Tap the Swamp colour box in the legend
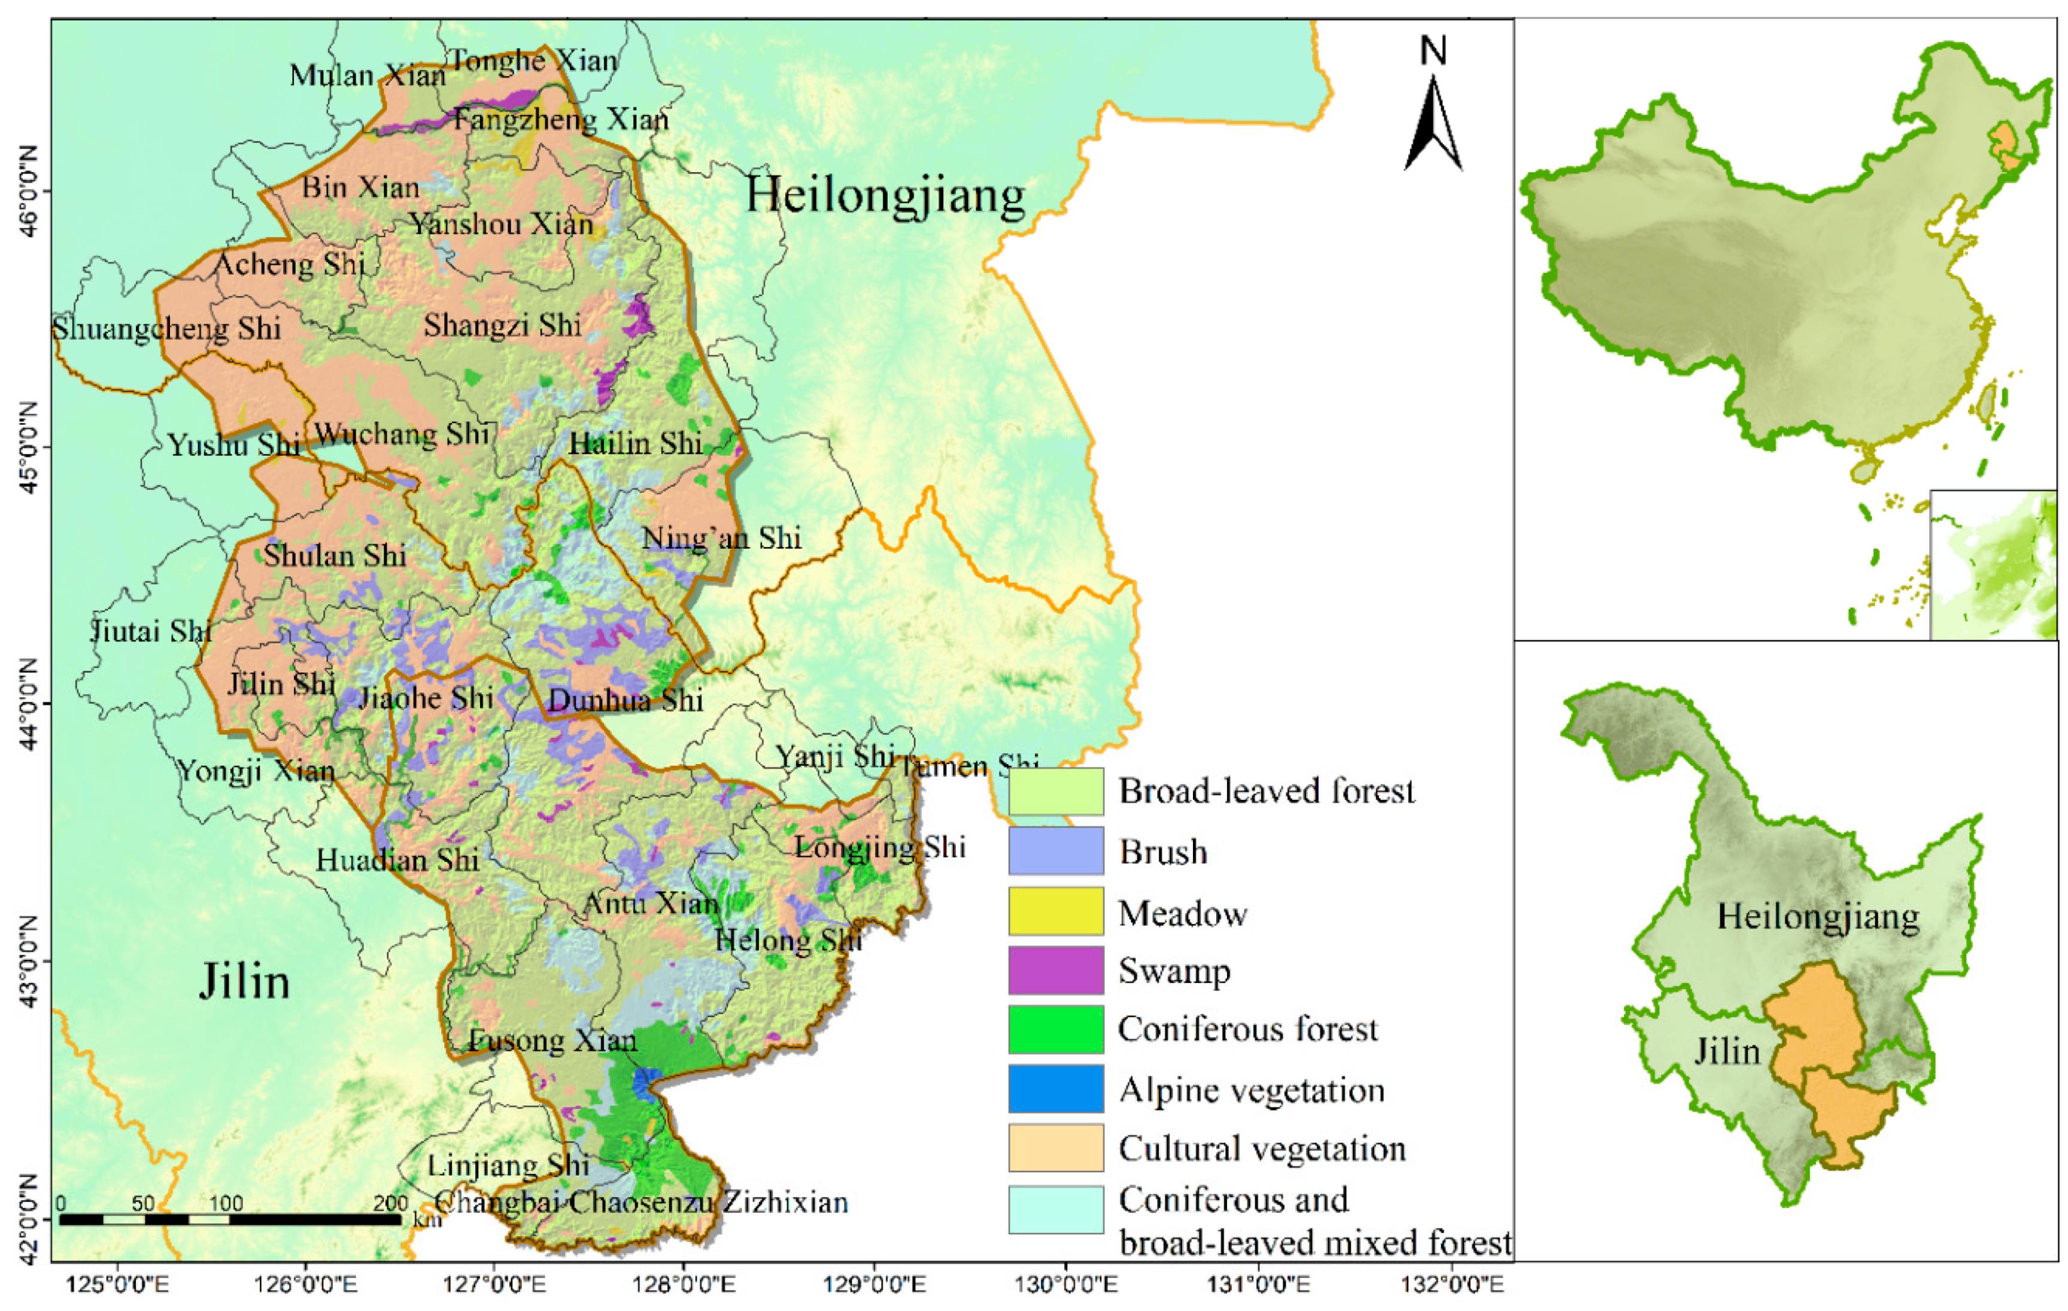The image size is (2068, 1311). pyautogui.click(x=1055, y=970)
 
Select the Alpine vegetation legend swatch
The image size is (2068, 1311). pyautogui.click(x=1055, y=1088)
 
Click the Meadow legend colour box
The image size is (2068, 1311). pyautogui.click(x=1055, y=911)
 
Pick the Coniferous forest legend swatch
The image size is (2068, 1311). pyautogui.click(x=1055, y=1029)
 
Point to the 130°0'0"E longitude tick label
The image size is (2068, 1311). pyautogui.click(x=1067, y=1285)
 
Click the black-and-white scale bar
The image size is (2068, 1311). pyautogui.click(x=230, y=1219)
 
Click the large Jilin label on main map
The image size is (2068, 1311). pyautogui.click(x=245, y=981)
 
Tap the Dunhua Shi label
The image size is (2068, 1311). pyautogui.click(x=625, y=701)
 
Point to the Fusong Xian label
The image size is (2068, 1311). pyautogui.click(x=552, y=1041)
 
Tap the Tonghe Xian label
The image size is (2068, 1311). pyautogui.click(x=533, y=60)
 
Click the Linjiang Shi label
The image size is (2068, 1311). pyautogui.click(x=508, y=1165)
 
